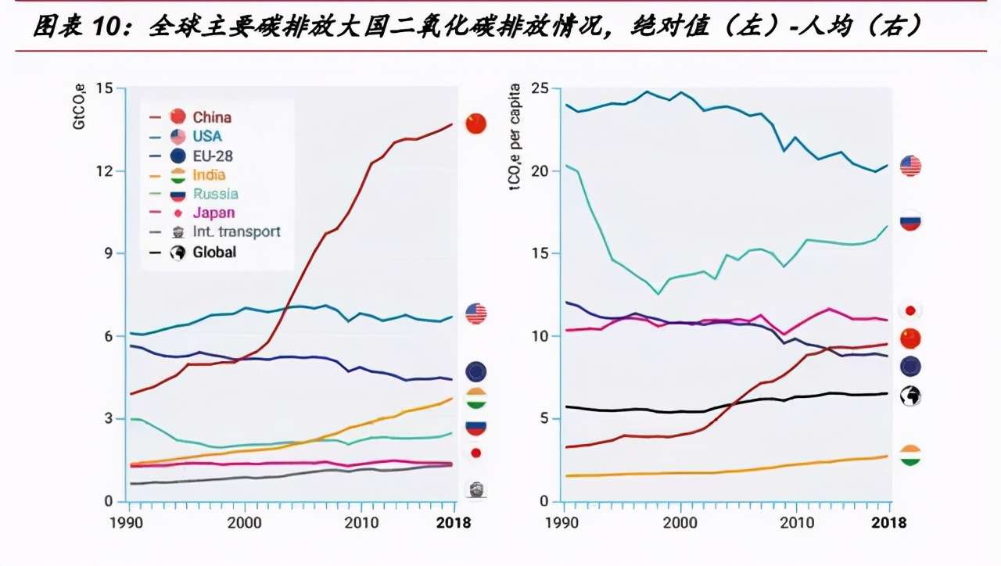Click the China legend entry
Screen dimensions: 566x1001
(211, 117)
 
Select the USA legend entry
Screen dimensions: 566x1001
(207, 136)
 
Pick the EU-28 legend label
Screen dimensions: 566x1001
(213, 156)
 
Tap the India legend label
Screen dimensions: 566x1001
(209, 175)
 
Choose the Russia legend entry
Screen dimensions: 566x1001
(215, 194)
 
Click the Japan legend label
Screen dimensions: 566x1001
(213, 213)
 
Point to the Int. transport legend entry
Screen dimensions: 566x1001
(236, 231)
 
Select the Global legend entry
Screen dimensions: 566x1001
(214, 252)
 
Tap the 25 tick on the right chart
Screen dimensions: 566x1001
(540, 88)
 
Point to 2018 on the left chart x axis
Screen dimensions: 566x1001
(454, 522)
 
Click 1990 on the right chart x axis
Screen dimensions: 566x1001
(563, 522)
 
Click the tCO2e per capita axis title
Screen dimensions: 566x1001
(516, 138)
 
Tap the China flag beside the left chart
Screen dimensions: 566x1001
(475, 124)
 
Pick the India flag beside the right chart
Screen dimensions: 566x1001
(910, 456)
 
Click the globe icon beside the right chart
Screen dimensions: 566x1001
(910, 396)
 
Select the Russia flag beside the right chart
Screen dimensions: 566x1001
(910, 221)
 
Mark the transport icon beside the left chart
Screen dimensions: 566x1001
(475, 489)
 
